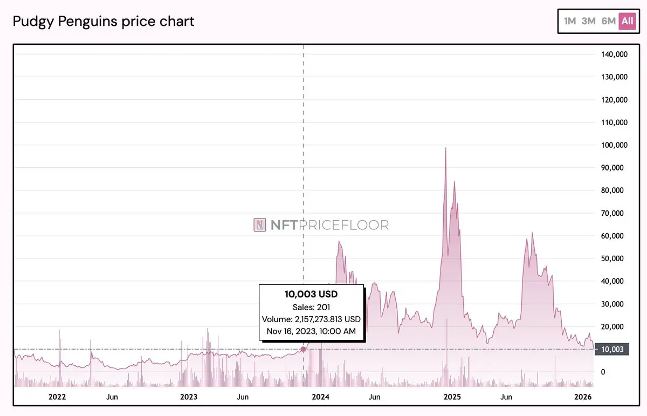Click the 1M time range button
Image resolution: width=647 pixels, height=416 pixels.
pos(570,21)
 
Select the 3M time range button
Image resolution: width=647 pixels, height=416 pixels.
pos(589,21)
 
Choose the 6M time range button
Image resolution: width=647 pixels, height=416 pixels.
pos(608,21)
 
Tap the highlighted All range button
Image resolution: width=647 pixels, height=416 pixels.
pos(627,21)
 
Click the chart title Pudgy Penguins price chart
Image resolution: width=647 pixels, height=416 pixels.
pos(104,22)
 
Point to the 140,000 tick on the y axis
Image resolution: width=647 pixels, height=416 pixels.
pos(614,54)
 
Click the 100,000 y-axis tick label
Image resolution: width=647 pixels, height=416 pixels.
pos(614,145)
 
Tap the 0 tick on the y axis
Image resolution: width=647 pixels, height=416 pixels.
pos(603,372)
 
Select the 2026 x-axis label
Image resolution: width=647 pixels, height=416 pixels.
pos(583,397)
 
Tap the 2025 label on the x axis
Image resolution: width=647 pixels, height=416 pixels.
pos(452,397)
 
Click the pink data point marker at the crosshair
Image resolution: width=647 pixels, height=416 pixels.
pos(303,349)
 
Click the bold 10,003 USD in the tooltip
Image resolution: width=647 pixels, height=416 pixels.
pos(311,294)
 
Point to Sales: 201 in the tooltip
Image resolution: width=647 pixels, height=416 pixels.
pos(311,307)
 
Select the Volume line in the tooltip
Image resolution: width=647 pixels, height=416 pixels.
pos(311,319)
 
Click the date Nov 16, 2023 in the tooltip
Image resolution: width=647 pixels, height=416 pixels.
pos(311,331)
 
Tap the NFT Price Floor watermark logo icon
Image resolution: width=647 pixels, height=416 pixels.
pos(260,225)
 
